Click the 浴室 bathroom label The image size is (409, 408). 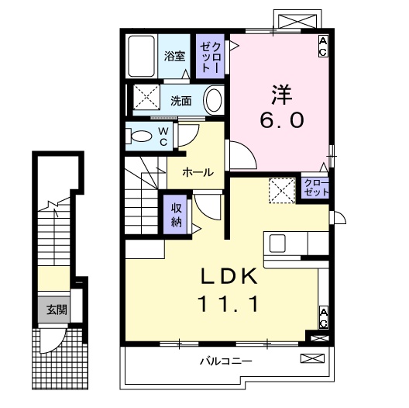pyautogui.click(x=174, y=56)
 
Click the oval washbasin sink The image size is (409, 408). pyautogui.click(x=214, y=99)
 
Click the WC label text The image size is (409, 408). pyautogui.click(x=164, y=137)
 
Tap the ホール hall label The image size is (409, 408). pyautogui.click(x=198, y=173)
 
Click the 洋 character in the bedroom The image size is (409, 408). pyautogui.click(x=280, y=93)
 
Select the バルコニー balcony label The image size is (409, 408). pyautogui.click(x=225, y=361)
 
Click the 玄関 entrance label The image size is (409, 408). pyautogui.click(x=56, y=309)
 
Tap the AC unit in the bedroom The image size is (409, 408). pyautogui.click(x=323, y=46)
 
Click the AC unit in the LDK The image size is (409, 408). pyautogui.click(x=323, y=316)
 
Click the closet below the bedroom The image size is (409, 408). pyautogui.click(x=315, y=187)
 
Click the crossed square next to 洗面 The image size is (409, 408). pyautogui.click(x=145, y=99)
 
